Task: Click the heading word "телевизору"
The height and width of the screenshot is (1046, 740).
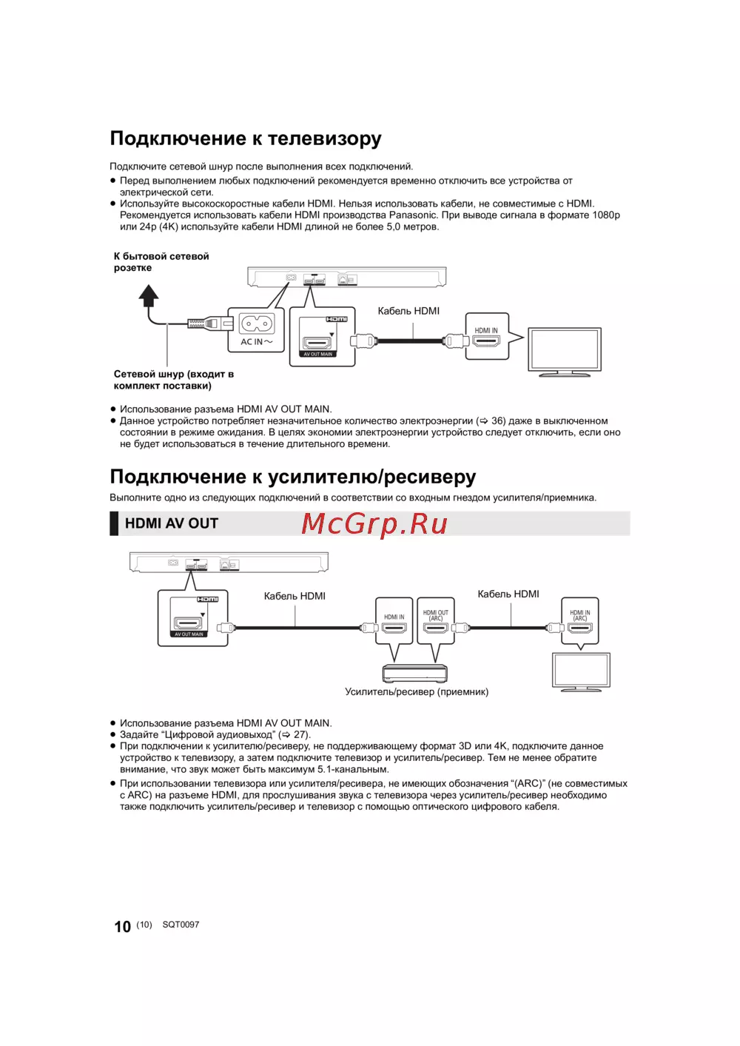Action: [324, 139]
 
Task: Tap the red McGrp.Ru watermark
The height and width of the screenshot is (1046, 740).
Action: [374, 523]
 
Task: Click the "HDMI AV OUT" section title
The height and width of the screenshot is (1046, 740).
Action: [172, 523]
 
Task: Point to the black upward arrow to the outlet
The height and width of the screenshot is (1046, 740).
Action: [149, 296]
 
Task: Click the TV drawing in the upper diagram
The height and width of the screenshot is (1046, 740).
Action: [564, 352]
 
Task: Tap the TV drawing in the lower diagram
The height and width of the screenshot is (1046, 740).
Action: [582, 672]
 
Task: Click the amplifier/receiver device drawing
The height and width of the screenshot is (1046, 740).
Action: [414, 674]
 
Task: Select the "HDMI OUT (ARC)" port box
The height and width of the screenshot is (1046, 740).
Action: [436, 620]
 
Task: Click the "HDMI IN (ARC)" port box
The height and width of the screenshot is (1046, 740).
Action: [580, 620]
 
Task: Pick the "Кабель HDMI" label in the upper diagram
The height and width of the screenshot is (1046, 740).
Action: [408, 311]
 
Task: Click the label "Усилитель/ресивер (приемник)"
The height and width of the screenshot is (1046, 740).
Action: [417, 692]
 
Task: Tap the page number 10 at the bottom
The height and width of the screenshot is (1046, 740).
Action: [122, 927]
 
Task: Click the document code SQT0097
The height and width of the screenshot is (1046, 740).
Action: [181, 925]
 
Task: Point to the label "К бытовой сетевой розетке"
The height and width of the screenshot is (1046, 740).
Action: [161, 262]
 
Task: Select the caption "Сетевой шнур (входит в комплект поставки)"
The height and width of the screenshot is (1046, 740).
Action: [174, 380]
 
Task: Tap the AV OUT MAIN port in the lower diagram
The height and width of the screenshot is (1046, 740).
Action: [189, 623]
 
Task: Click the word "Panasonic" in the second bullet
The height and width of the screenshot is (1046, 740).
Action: [413, 215]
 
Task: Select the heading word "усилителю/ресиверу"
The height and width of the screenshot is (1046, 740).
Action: [371, 477]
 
